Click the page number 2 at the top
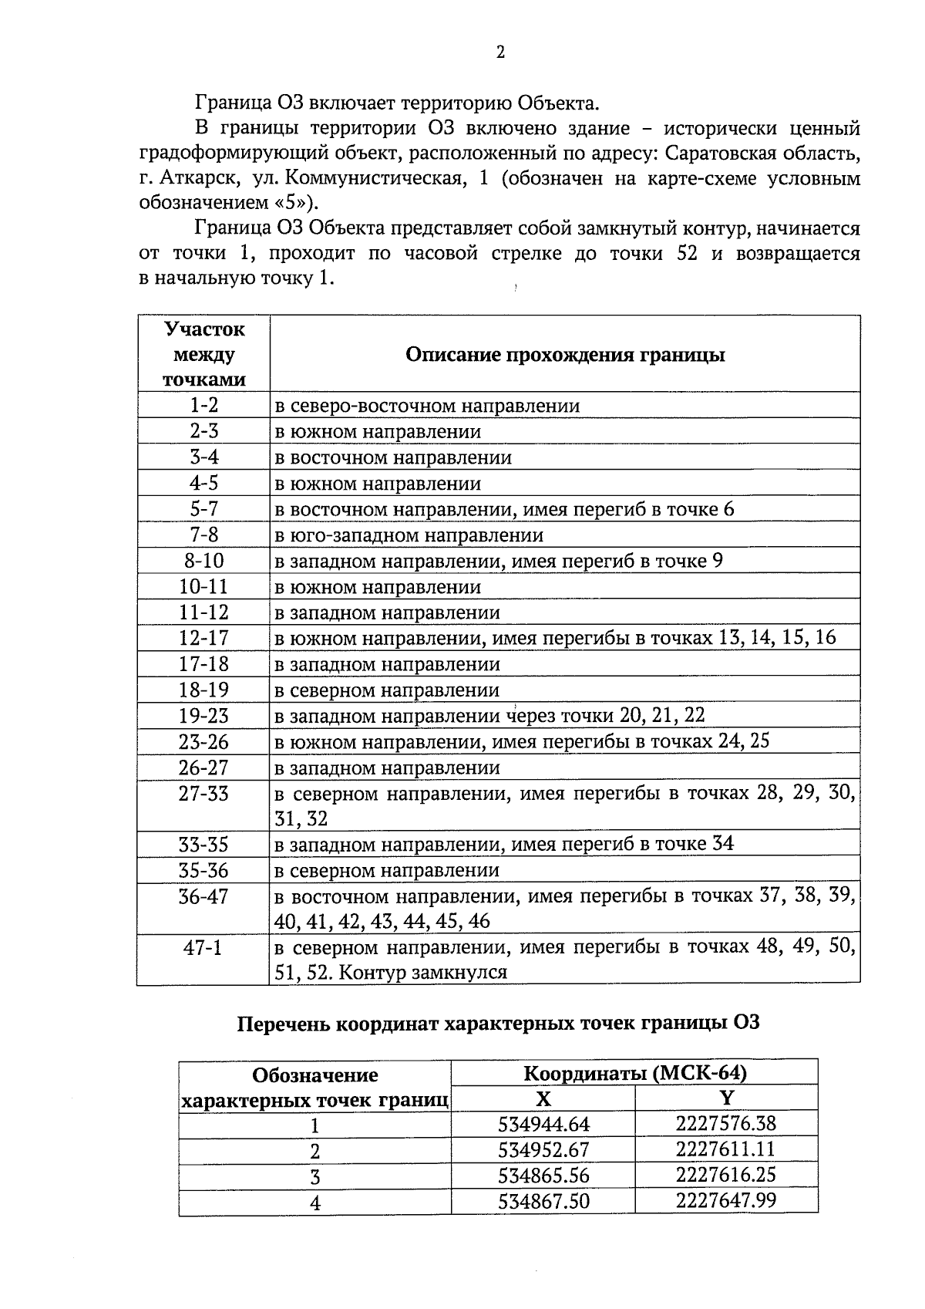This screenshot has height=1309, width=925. click(500, 52)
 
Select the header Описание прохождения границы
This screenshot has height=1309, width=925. click(565, 355)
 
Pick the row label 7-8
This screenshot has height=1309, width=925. click(204, 535)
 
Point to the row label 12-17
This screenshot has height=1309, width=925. click(204, 638)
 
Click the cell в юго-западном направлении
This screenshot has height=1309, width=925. click(409, 535)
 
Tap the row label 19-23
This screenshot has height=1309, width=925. click(204, 716)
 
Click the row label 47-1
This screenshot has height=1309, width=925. click(203, 948)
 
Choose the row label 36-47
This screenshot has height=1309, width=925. click(204, 896)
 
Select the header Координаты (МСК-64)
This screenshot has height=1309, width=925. click(634, 1073)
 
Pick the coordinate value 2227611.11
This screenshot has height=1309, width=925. click(726, 1149)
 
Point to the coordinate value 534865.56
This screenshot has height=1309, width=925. click(544, 1176)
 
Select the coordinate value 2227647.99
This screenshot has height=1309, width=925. click(726, 1201)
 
